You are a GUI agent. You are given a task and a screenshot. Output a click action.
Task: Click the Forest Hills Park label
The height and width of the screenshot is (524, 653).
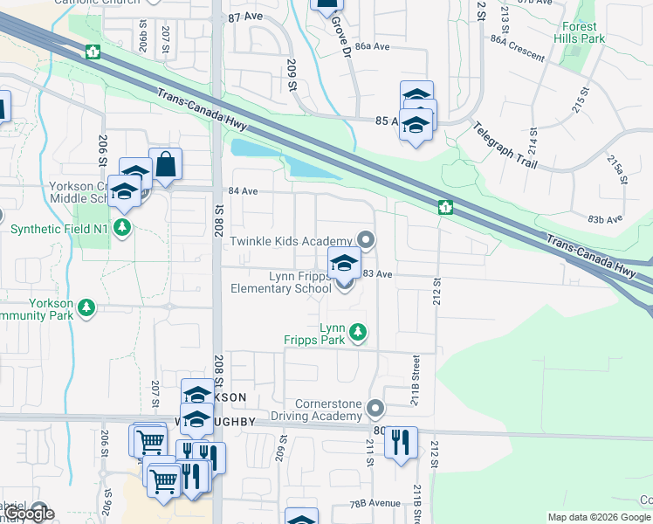pyautogui.click(x=579, y=32)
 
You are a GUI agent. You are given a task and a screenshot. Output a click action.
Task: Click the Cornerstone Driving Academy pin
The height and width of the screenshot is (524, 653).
pyautogui.click(x=375, y=408)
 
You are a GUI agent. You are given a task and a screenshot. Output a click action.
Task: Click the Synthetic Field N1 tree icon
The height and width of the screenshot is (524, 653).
pyautogui.click(x=123, y=229)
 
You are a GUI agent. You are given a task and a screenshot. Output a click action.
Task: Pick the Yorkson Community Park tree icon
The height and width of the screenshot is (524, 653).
pyautogui.click(x=86, y=307)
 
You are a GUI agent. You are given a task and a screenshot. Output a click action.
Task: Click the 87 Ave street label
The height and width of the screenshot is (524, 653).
pyautogui.click(x=245, y=17)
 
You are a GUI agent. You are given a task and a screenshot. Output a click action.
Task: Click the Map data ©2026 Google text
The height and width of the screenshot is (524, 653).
pyautogui.click(x=600, y=517)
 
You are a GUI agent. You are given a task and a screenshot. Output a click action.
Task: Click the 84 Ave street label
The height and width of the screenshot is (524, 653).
pyautogui.click(x=244, y=190)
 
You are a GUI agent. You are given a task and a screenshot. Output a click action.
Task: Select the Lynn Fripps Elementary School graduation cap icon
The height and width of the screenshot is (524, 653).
pyautogui.click(x=344, y=262)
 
